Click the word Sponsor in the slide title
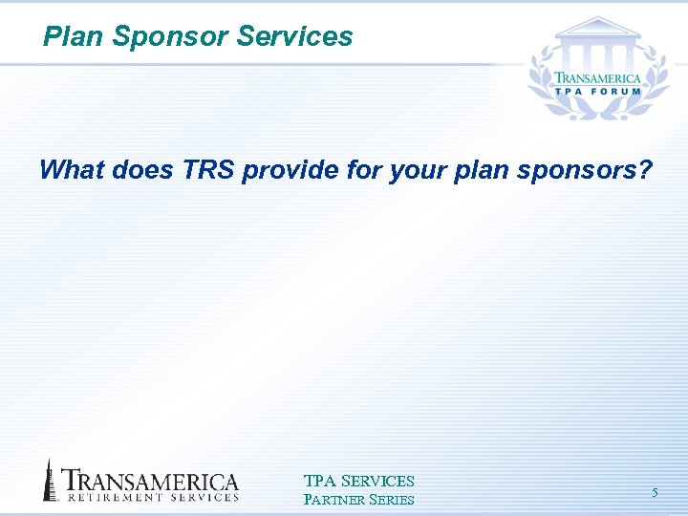[170, 37]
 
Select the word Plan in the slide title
[74, 37]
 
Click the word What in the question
[72, 171]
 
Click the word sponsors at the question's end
[593, 171]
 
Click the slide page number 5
[655, 493]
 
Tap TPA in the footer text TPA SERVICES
[319, 482]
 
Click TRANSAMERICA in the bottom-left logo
[150, 481]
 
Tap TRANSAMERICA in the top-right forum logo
[598, 78]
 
